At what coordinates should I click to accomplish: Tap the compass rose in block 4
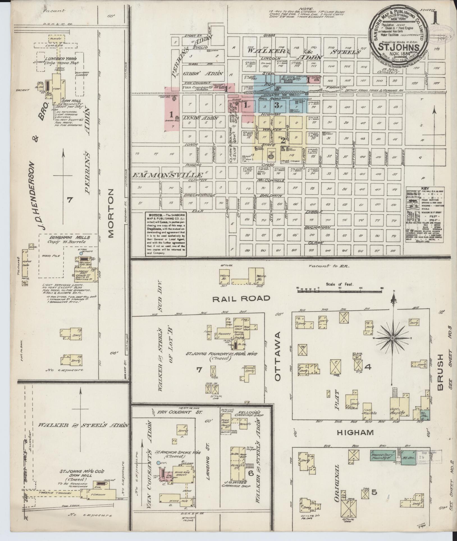(394, 338)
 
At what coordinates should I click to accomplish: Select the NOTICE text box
(166, 234)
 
